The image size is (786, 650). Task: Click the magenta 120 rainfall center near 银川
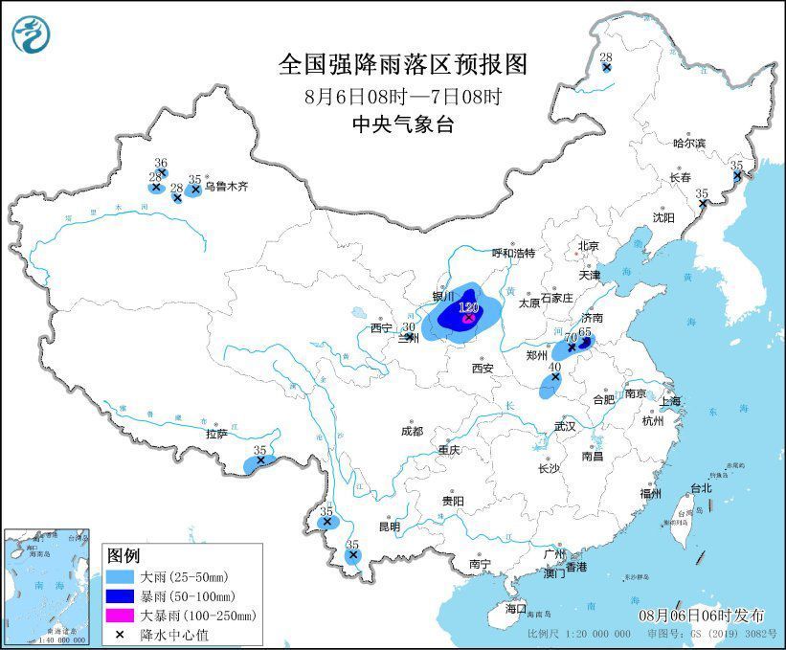point(468,318)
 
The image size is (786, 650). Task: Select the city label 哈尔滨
point(687,143)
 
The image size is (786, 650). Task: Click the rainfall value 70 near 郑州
point(571,338)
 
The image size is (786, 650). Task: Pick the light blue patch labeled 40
point(550,384)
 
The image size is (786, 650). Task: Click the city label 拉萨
point(216,434)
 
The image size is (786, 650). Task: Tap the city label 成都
point(413,431)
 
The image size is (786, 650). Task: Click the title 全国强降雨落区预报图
point(402,64)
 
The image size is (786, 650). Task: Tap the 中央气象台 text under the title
point(402,123)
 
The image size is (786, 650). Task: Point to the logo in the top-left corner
point(33,34)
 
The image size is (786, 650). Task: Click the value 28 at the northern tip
point(606,58)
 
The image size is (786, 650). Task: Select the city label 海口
point(516,608)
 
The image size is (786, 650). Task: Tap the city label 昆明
point(389,527)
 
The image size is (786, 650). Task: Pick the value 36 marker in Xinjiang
point(161,164)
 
